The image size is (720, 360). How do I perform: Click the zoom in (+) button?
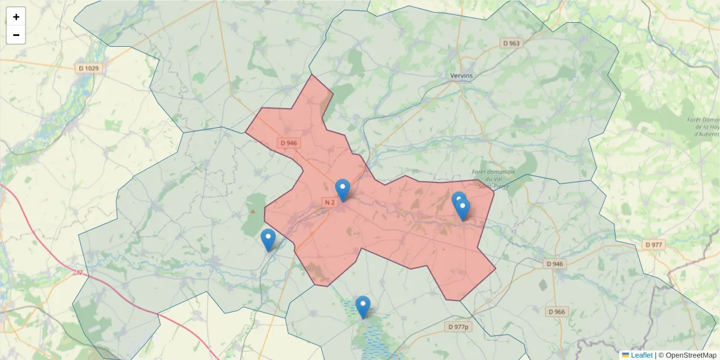coord(16,17)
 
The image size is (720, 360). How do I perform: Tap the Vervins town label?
coord(461,76)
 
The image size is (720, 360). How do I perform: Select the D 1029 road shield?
coord(89,68)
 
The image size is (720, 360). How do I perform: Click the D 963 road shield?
coord(512,43)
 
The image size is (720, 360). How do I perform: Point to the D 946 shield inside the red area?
coord(289,143)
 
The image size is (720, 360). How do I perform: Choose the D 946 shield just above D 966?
coord(556,264)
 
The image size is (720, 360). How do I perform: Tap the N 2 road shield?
coord(329,203)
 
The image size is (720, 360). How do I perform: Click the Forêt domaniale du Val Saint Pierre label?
coord(498,179)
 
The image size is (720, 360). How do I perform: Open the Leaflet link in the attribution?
coord(641,355)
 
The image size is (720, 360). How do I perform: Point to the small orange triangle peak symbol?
coord(253,211)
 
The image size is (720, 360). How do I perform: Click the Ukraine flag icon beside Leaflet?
coord(626,355)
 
